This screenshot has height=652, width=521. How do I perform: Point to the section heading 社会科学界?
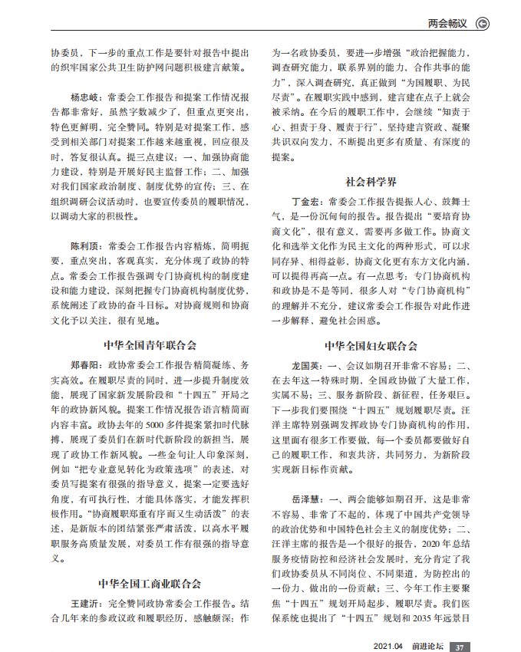pos(371,182)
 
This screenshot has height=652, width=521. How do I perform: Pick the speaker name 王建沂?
pos(85,603)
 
